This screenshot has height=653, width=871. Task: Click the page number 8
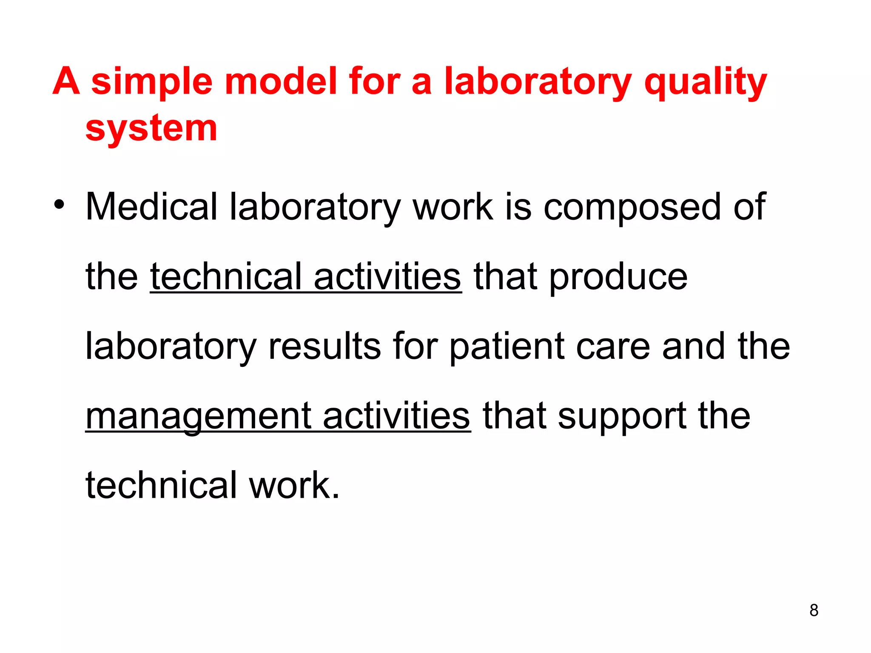coord(814,610)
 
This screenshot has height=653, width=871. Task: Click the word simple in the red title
coord(152,82)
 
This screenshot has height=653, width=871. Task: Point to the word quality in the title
coord(706,82)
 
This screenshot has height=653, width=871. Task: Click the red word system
coord(151,128)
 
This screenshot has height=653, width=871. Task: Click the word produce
coord(618,277)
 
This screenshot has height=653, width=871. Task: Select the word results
coord(325,346)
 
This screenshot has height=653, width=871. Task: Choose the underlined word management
coord(198,417)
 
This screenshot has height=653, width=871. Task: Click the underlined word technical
coord(226,277)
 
